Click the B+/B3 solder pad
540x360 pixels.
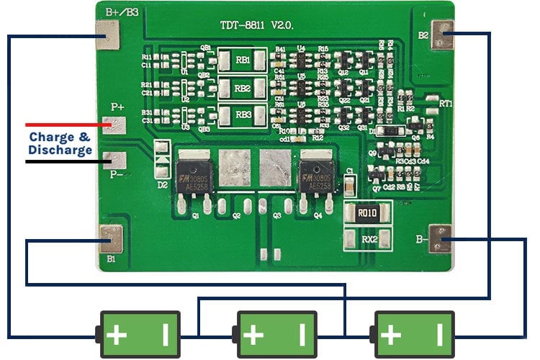click(108, 35)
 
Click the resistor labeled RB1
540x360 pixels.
click(243, 60)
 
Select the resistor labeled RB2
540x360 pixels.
click(243, 88)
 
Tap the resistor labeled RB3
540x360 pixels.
click(243, 114)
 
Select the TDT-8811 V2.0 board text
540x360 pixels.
click(256, 25)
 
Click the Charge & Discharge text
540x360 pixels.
click(60, 143)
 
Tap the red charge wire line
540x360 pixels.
click(65, 125)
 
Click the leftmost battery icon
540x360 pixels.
click(140, 334)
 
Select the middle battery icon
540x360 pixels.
click(276, 334)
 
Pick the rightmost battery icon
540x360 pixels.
click(413, 334)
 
